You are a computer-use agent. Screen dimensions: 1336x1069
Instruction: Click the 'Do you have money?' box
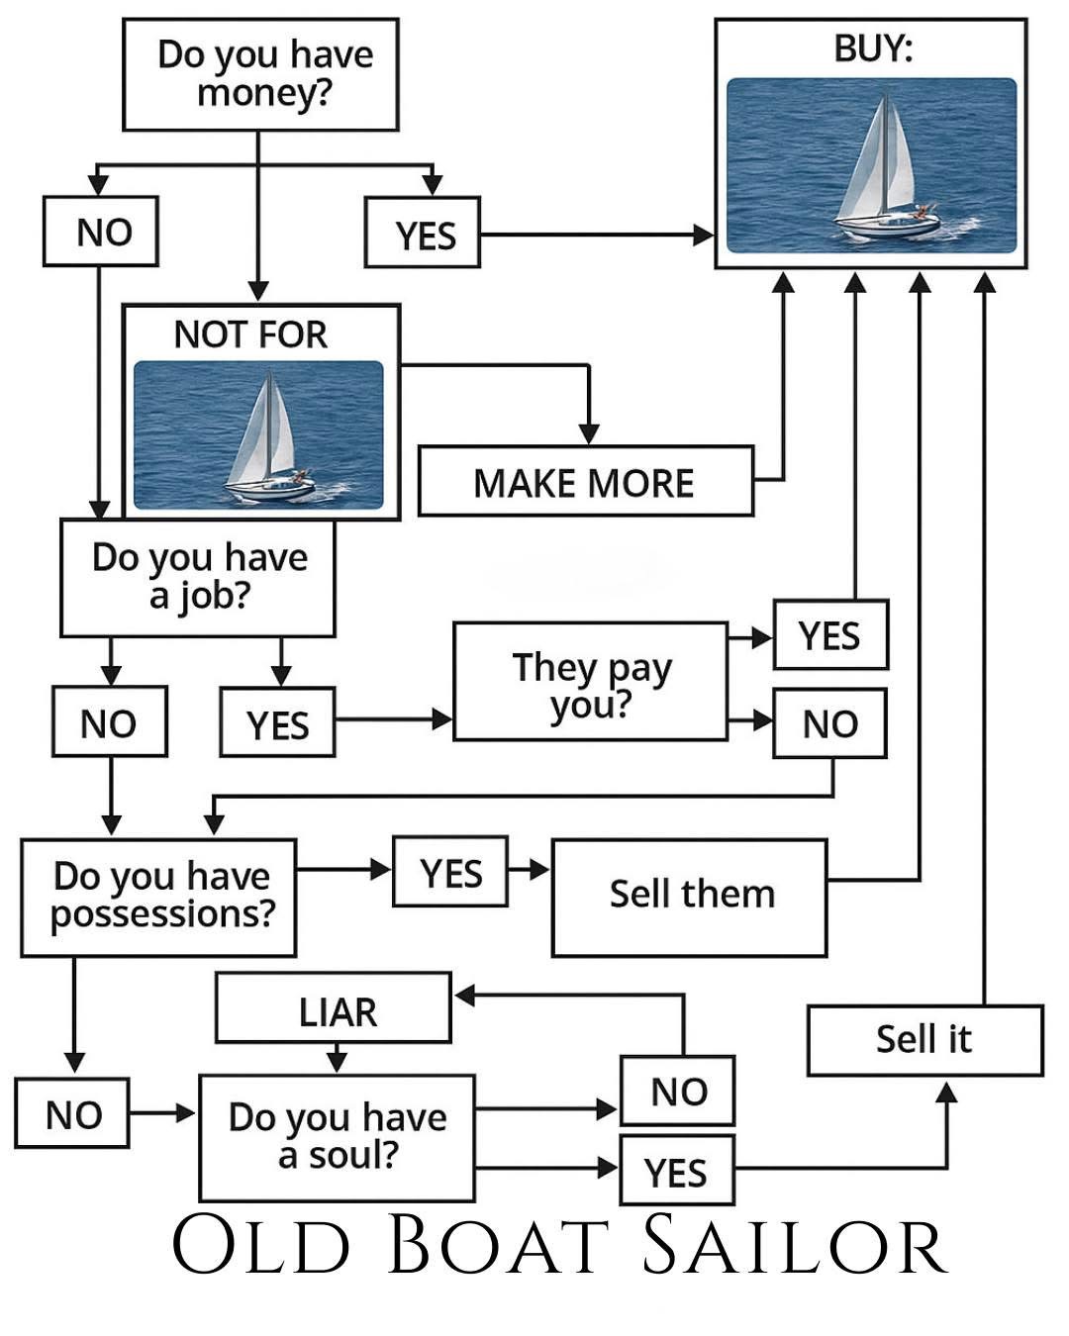click(260, 74)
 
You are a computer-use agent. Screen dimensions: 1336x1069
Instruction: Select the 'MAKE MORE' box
click(585, 482)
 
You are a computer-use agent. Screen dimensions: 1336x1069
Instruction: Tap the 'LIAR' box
click(334, 1008)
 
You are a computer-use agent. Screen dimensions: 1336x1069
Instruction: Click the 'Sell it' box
click(924, 1040)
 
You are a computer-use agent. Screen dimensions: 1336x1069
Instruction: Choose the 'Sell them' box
click(689, 897)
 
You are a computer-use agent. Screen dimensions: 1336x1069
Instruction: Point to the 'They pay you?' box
click(591, 682)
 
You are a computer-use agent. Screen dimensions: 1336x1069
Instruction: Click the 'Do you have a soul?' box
click(337, 1136)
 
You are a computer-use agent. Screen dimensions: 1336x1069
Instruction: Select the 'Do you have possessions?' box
click(158, 897)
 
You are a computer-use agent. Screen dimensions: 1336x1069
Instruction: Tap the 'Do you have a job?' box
click(198, 578)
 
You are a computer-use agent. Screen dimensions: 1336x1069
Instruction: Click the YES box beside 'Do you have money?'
click(423, 234)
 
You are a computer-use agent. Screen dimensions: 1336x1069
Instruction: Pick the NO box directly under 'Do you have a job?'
click(109, 722)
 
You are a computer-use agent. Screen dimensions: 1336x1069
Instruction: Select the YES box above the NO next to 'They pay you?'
click(829, 634)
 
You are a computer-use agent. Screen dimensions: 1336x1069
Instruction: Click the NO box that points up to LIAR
click(678, 1091)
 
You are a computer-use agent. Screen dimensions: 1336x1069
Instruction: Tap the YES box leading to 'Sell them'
click(450, 872)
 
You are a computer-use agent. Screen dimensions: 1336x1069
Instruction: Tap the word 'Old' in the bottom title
click(261, 1246)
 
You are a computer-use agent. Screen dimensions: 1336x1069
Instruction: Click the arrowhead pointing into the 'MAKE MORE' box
click(589, 434)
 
